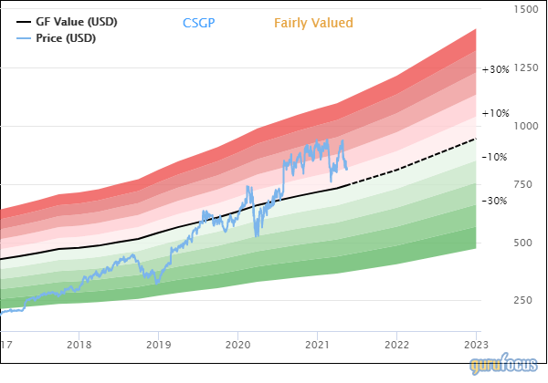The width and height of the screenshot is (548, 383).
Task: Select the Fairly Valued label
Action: tap(313, 23)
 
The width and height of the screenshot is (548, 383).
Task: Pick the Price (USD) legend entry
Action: tap(65, 38)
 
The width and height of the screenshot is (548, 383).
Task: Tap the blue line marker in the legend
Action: tap(24, 38)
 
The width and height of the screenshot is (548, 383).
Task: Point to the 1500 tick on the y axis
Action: tap(526, 9)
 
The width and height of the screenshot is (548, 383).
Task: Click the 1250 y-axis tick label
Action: tap(526, 67)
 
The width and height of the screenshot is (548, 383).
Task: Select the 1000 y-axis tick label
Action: tap(526, 126)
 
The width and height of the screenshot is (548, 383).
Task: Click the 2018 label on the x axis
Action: tap(79, 346)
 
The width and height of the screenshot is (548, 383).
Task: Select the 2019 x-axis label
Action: tap(159, 346)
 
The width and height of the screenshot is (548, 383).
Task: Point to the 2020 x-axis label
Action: tap(238, 346)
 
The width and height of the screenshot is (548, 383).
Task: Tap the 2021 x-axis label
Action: tap(318, 346)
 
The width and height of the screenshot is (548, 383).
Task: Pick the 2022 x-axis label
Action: tap(397, 346)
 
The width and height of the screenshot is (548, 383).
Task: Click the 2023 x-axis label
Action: tap(477, 346)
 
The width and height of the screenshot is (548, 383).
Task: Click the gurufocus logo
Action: tap(506, 366)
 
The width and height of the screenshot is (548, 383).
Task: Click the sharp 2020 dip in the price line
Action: tap(256, 236)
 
